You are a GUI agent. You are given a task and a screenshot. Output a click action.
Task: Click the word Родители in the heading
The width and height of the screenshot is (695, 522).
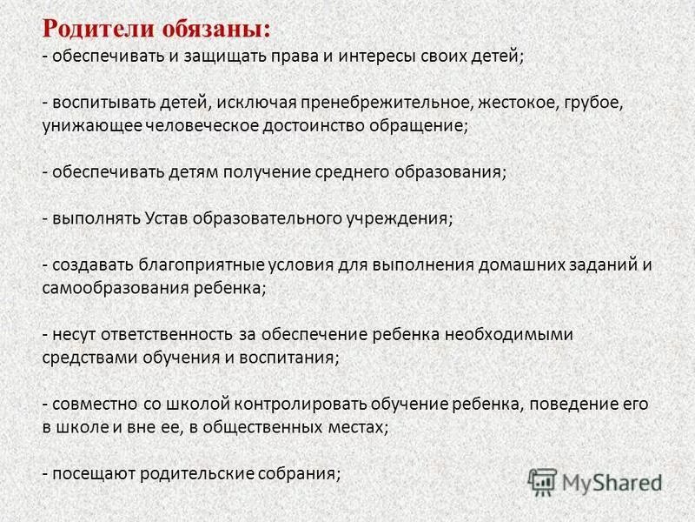(98, 28)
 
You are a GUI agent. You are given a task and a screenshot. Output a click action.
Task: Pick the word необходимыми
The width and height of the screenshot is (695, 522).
(509, 334)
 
